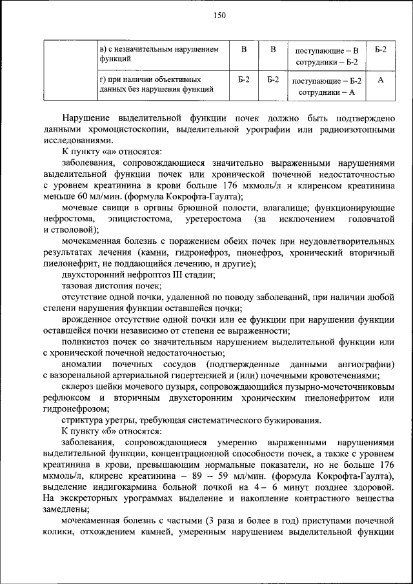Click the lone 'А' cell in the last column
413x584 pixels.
pyautogui.click(x=381, y=79)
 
